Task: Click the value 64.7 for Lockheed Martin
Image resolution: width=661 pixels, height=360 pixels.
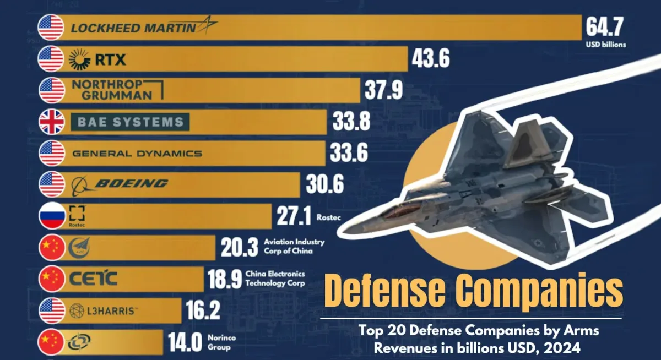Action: click(x=605, y=26)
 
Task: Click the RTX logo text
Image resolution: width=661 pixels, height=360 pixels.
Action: click(x=110, y=59)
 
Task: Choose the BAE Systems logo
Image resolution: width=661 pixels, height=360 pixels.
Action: click(x=130, y=122)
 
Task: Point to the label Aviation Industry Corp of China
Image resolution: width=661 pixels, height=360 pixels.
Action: click(x=294, y=247)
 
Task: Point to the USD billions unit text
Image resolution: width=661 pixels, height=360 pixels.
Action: click(x=605, y=45)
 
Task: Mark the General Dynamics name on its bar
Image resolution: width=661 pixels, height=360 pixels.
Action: click(x=137, y=154)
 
